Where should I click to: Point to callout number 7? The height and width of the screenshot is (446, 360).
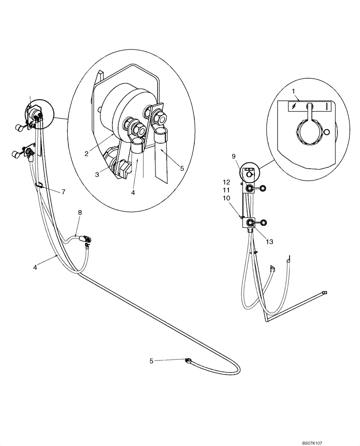[63, 192]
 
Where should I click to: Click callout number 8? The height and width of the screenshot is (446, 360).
[80, 213]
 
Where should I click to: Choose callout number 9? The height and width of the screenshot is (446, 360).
[233, 157]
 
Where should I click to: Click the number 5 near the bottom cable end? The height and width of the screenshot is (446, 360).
[151, 361]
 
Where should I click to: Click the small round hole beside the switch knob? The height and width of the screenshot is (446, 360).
[327, 132]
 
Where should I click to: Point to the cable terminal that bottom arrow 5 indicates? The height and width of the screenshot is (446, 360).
[188, 360]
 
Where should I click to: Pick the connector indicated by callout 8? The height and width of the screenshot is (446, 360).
[84, 239]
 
